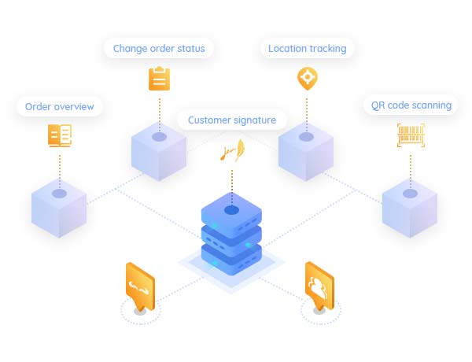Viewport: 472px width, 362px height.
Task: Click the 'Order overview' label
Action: [59, 106]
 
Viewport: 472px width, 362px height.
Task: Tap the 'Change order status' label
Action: [159, 49]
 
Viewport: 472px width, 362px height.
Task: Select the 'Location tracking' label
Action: [307, 49]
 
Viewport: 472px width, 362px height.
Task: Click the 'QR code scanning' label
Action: [411, 105]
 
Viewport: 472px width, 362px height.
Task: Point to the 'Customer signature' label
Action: [232, 120]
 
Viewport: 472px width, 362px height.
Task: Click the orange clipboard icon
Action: [159, 79]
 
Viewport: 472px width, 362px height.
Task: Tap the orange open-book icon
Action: [59, 135]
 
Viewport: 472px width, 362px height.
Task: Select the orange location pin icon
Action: [307, 79]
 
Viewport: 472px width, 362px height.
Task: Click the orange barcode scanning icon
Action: [411, 135]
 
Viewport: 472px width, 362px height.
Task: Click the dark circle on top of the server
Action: [231, 210]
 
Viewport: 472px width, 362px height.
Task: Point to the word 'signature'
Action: [254, 120]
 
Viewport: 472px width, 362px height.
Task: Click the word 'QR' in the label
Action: [378, 105]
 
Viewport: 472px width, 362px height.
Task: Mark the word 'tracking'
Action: [327, 49]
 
